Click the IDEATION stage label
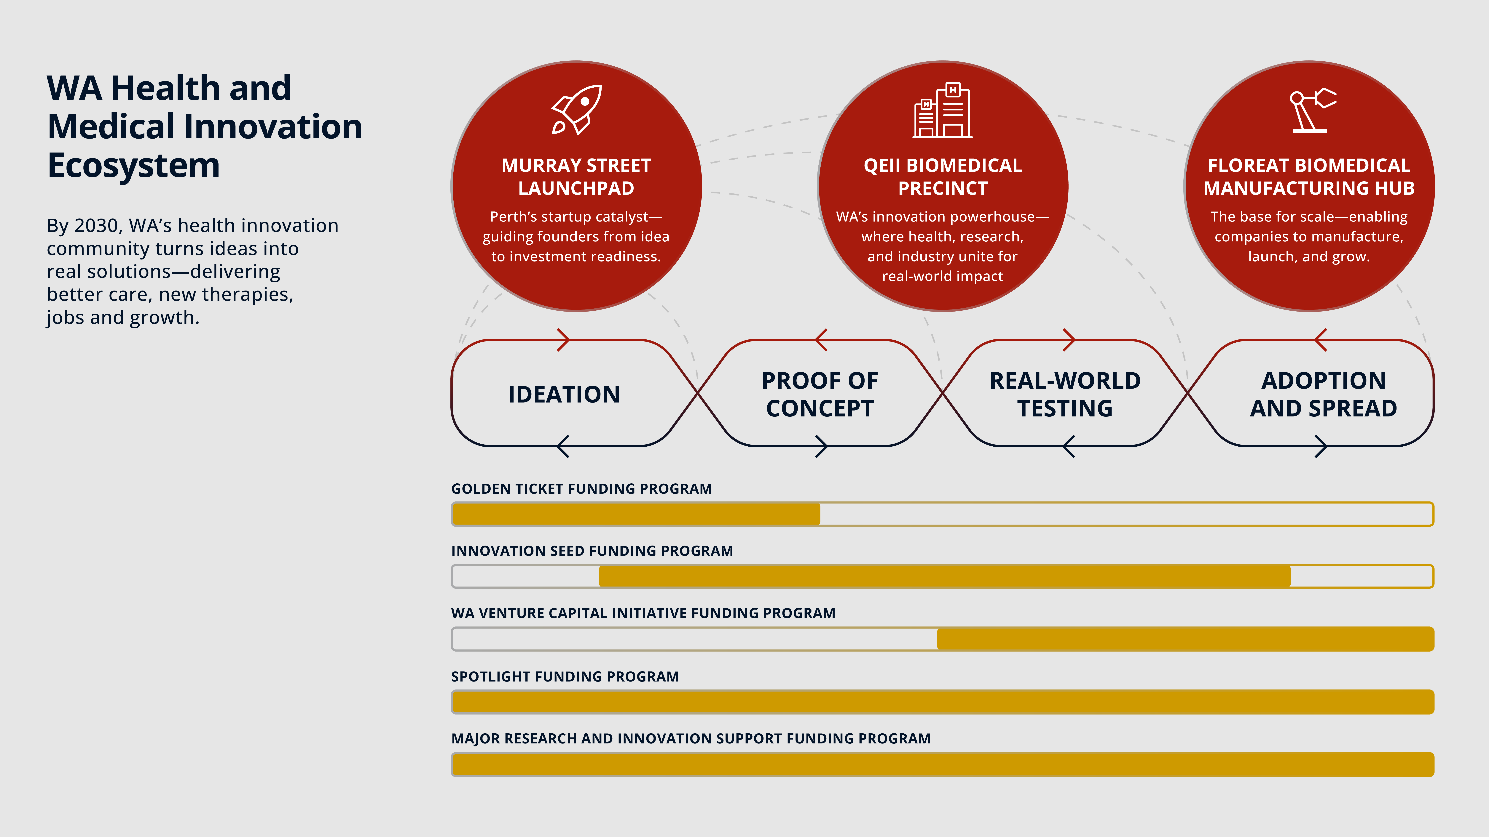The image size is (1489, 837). tap(564, 395)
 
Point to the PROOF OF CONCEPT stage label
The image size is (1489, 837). tap(820, 395)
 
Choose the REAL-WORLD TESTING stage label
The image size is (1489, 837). tap(1065, 395)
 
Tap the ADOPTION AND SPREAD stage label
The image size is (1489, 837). tap(1323, 395)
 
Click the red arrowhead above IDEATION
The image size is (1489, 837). tap(564, 340)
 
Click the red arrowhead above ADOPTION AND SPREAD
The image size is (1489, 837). tap(1320, 340)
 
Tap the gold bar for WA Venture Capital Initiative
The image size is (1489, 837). tap(1185, 639)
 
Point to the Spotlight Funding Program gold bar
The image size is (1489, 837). tap(942, 702)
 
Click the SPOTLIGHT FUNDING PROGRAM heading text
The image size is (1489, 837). tap(565, 676)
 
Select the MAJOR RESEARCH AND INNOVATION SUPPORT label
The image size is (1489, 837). tap(691, 739)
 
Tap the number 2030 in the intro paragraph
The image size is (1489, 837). tap(96, 225)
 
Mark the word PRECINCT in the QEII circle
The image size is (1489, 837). tap(943, 188)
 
